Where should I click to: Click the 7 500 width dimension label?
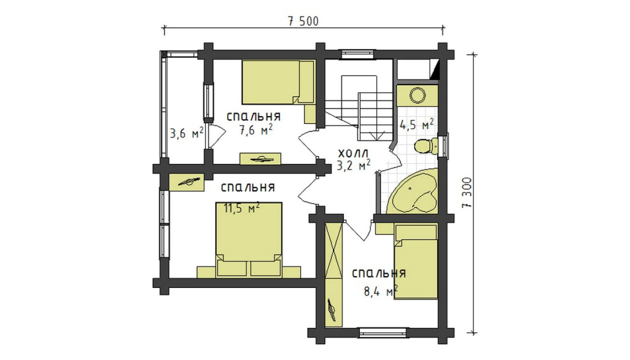pos(303,21)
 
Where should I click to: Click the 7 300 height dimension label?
pos(466,192)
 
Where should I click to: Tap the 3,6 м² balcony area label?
pos(186,133)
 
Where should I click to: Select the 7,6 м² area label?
pos(255,130)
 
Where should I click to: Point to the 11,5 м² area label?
pos(241,208)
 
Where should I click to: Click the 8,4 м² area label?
pos(381,291)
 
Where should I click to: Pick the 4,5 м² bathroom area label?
pos(416,124)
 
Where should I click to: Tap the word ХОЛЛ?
pos(353,153)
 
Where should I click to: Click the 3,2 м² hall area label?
pos(353,165)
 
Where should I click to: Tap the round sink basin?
pos(417,95)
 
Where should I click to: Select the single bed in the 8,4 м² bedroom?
pos(415,261)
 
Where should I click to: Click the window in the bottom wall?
pos(382,332)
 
